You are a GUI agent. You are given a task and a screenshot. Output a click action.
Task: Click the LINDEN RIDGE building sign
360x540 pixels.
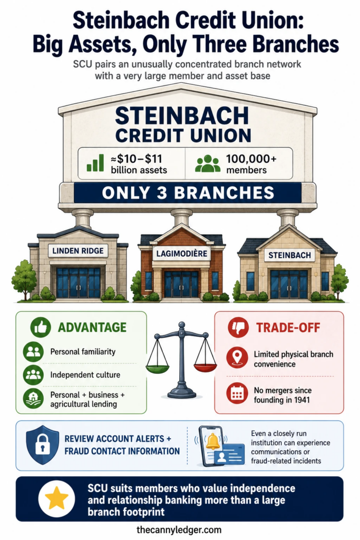[x=78, y=250]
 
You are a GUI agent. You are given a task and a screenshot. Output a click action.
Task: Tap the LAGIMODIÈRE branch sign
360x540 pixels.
[x=182, y=254]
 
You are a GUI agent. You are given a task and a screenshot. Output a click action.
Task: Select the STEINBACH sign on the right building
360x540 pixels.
[x=289, y=255]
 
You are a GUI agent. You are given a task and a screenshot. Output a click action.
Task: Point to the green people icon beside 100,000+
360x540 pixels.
[x=208, y=163]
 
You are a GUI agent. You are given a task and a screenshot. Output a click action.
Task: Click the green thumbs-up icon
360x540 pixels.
[x=41, y=327]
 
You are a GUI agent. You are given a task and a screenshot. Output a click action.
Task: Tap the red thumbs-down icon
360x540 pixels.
[x=238, y=327]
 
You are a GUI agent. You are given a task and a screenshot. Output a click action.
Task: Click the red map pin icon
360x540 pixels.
[x=237, y=358]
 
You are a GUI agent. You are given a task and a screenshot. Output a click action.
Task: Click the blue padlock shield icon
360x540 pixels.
[x=42, y=445]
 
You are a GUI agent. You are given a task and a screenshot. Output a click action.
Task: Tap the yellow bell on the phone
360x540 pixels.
[x=213, y=441]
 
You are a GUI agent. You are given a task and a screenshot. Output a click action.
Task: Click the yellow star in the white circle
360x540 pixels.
[x=56, y=498]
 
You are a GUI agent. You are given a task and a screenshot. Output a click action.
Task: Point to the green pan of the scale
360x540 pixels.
[x=158, y=369]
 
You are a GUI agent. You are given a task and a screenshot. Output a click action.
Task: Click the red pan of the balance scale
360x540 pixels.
[x=205, y=368]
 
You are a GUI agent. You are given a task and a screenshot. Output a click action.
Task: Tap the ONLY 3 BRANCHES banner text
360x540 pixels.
[x=188, y=193]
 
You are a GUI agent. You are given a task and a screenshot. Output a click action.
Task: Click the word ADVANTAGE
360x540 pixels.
[x=92, y=327]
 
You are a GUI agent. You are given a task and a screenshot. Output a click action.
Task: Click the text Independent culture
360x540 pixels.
[x=85, y=375]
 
